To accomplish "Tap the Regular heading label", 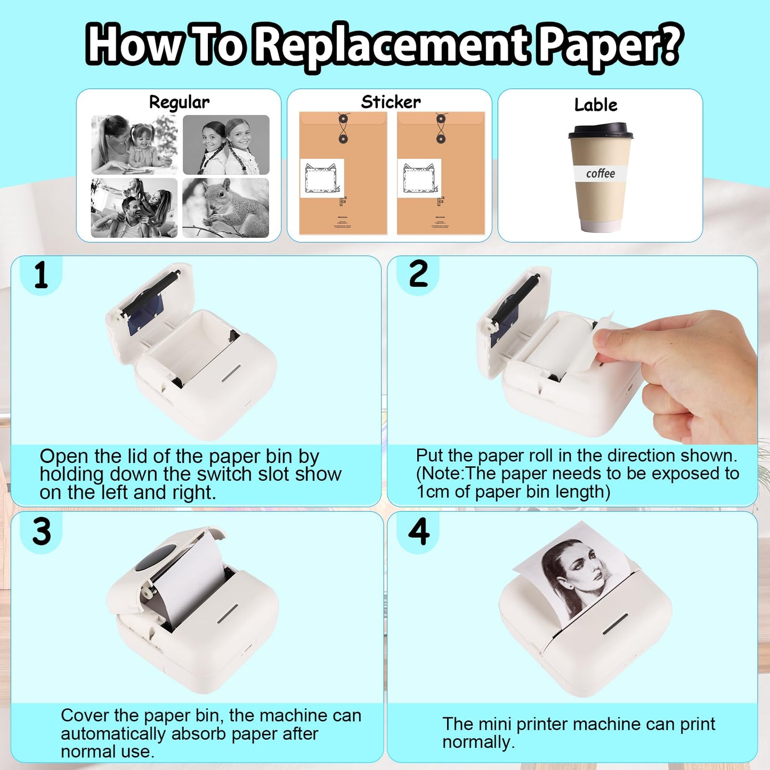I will [179, 102].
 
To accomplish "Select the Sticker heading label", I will [391, 102].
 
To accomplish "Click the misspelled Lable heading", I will [596, 105].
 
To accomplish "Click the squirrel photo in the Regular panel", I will [225, 208].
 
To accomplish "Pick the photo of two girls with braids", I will [226, 144].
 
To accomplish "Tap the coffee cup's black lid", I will [600, 131].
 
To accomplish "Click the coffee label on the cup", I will [600, 174].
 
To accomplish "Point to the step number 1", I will [40, 276].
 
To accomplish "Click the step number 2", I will [418, 274].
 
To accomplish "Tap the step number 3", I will [42, 532].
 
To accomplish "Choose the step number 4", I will [419, 532].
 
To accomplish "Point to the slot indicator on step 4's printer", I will [615, 623].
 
